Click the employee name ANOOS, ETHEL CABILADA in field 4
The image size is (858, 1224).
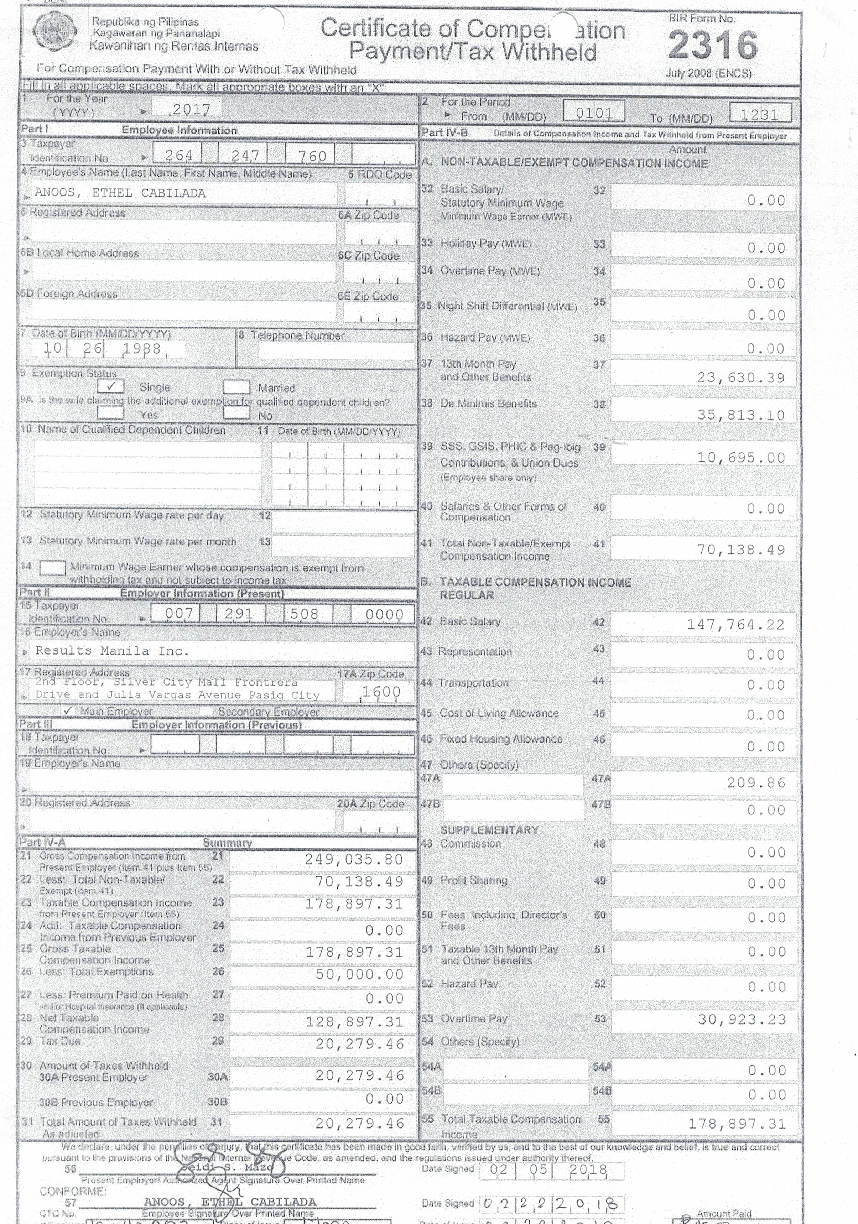(120, 193)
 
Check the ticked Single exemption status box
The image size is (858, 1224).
(111, 386)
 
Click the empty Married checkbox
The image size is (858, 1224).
(236, 387)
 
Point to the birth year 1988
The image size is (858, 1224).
(141, 349)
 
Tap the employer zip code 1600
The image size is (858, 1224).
(381, 692)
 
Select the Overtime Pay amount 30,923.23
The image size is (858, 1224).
(741, 1020)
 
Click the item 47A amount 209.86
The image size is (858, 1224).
(756, 783)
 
